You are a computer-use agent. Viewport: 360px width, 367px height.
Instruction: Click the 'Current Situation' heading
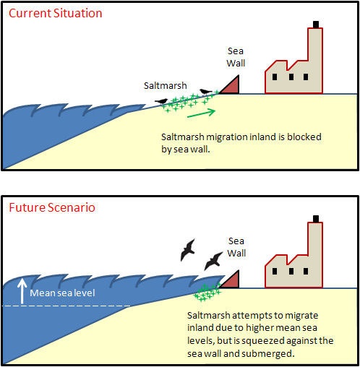(x=56, y=13)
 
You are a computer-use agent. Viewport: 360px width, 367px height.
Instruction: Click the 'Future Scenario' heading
(x=52, y=207)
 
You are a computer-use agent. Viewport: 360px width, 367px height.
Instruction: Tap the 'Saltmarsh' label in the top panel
(x=166, y=86)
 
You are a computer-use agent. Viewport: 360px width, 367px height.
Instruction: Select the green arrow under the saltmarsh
(x=201, y=113)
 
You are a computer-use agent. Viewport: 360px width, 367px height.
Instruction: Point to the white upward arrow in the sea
(x=22, y=291)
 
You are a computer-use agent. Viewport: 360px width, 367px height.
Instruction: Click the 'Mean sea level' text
(x=62, y=293)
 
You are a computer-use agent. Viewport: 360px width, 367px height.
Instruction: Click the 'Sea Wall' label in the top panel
(x=236, y=57)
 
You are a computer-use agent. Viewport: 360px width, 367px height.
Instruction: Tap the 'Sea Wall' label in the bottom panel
(x=236, y=247)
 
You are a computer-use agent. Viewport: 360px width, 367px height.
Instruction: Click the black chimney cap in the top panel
(x=316, y=25)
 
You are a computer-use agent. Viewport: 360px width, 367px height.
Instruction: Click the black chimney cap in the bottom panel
(x=316, y=219)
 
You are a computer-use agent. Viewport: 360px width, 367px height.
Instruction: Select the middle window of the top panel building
(x=291, y=77)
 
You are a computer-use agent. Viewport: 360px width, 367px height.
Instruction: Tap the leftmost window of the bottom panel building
(x=275, y=271)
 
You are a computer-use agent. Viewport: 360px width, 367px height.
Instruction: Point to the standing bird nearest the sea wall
(x=205, y=92)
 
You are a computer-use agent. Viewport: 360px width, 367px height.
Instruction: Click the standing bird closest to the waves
(x=161, y=101)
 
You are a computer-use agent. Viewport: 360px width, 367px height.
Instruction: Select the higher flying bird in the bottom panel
(x=188, y=250)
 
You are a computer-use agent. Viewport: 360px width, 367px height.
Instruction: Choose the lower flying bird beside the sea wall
(x=213, y=261)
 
